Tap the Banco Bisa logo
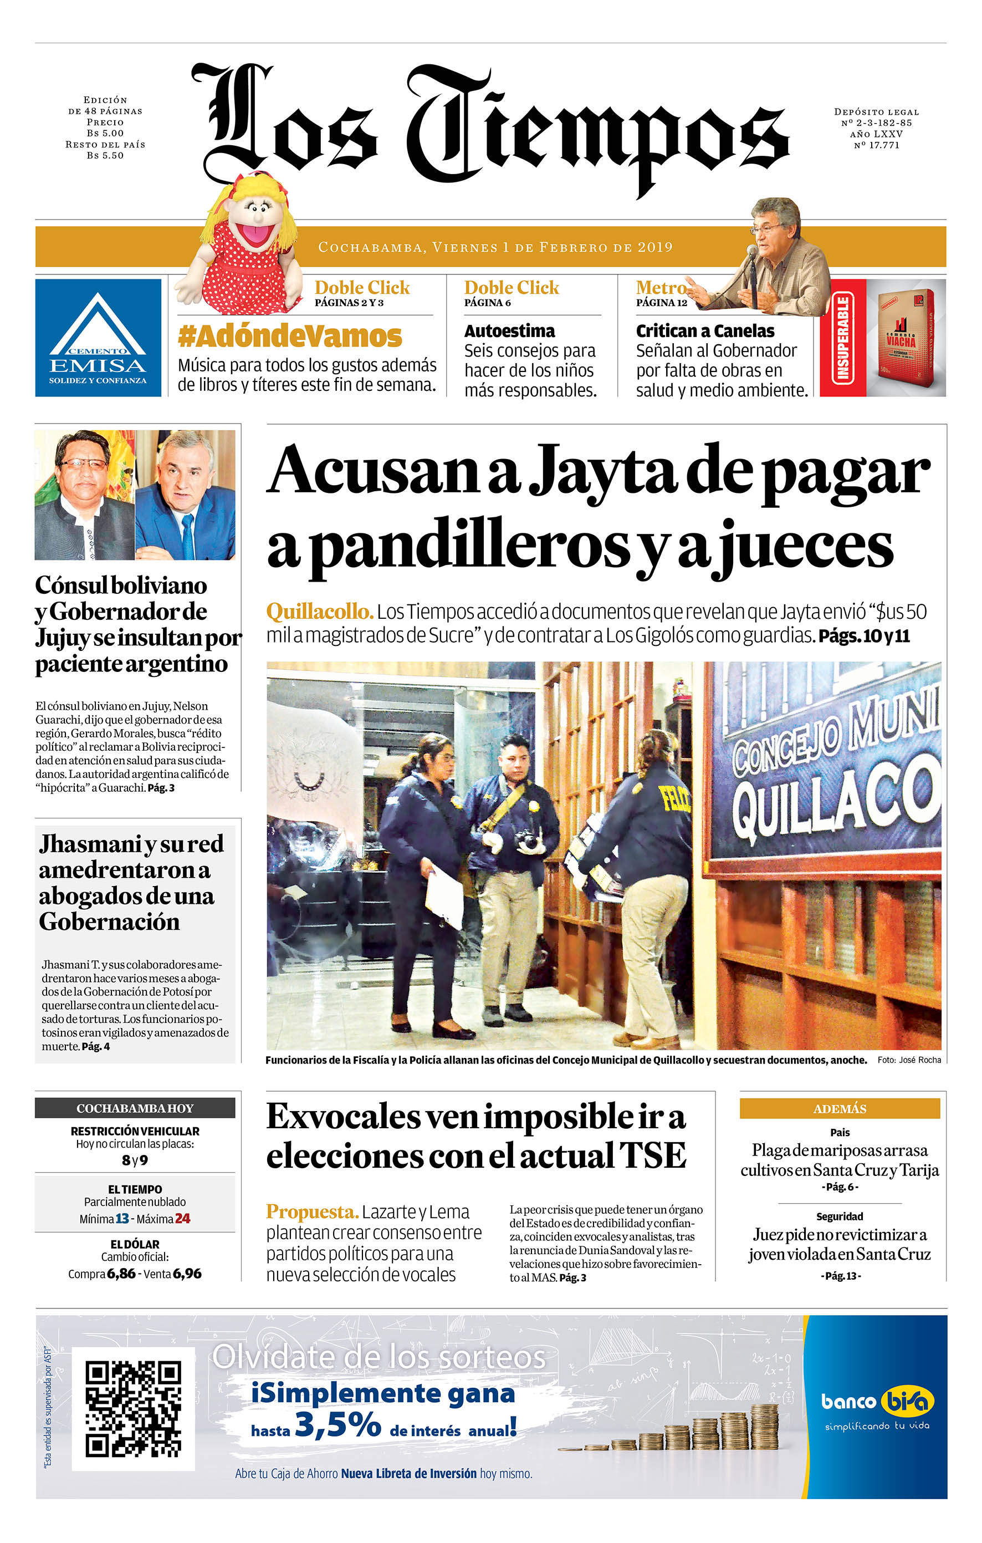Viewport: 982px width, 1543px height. point(877,1402)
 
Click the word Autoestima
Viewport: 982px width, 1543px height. point(509,332)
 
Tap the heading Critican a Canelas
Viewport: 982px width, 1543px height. point(704,332)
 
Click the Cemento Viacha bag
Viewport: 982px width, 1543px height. point(904,338)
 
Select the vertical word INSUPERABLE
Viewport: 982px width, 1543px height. point(843,338)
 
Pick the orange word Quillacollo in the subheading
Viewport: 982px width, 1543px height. point(320,612)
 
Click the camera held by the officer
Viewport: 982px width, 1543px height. point(530,839)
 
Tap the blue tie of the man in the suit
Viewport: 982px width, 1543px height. point(188,536)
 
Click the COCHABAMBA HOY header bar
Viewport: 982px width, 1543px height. point(135,1108)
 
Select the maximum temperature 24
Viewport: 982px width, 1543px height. point(182,1218)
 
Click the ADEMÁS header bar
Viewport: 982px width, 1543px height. point(839,1108)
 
